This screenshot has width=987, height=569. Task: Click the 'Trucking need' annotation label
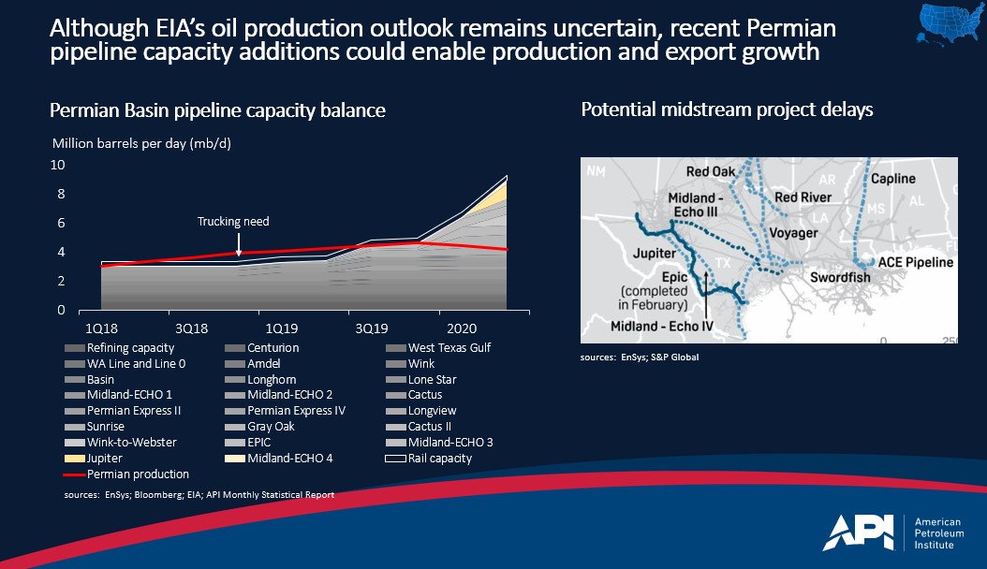[x=233, y=222]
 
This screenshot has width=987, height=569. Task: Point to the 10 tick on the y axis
[x=58, y=165]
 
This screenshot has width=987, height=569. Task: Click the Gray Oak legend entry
[x=271, y=427]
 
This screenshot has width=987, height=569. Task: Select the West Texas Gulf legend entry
[x=449, y=348]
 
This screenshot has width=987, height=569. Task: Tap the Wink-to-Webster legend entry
[x=132, y=443]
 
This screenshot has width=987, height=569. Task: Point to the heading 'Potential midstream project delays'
[x=728, y=110]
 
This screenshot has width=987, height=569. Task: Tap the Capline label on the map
[x=893, y=179]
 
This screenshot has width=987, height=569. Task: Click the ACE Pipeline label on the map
[x=916, y=263]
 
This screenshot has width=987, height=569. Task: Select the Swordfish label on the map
[x=840, y=278]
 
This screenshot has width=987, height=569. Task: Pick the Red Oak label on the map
[x=710, y=172]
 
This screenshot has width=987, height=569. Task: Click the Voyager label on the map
[x=793, y=233]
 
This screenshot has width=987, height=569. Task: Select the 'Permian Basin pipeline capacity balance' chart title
[x=217, y=111]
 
